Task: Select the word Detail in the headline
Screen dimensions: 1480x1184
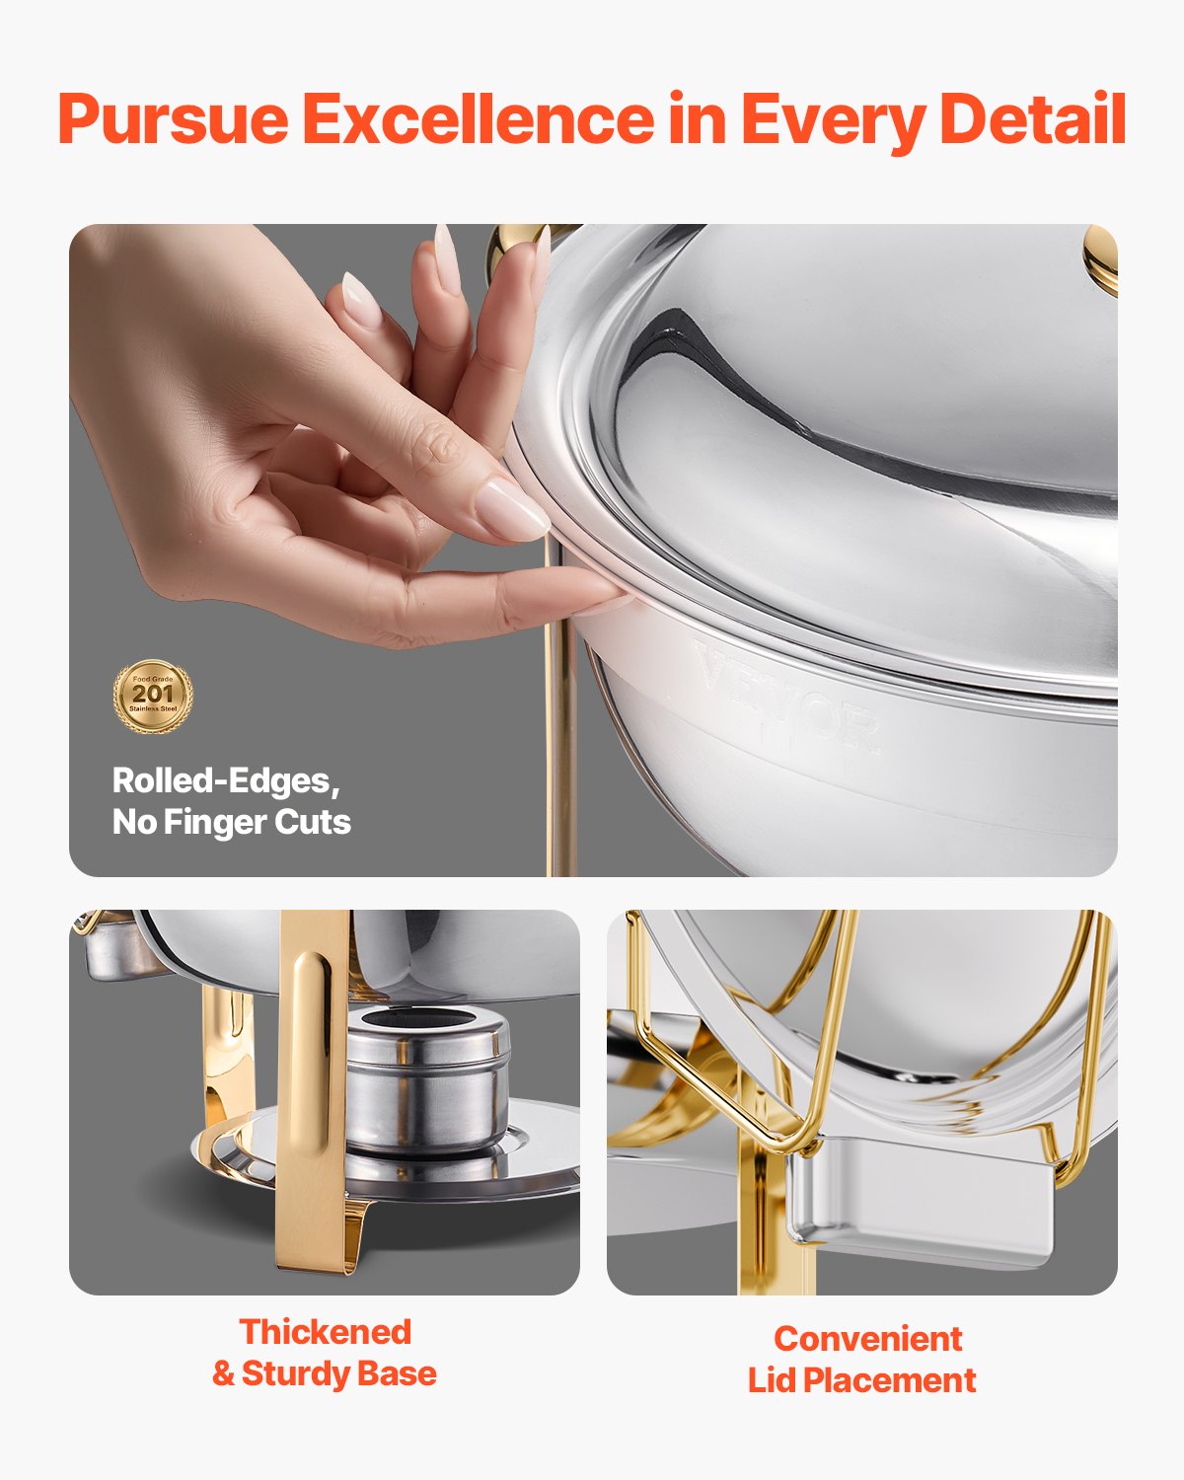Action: [x=1032, y=118]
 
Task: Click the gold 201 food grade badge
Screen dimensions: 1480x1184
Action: [x=152, y=696]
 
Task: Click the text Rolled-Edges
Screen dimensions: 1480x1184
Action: [x=225, y=780]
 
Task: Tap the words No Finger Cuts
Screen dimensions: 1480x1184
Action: [x=232, y=822]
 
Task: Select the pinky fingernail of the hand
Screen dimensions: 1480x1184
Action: [x=360, y=298]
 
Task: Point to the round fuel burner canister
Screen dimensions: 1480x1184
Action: [x=427, y=1085]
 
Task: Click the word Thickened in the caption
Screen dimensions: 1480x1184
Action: [x=325, y=1332]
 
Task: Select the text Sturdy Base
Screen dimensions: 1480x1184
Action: [x=338, y=1373]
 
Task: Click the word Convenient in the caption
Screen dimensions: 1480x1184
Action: [x=867, y=1339]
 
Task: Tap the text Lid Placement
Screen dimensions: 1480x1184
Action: [x=861, y=1380]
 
